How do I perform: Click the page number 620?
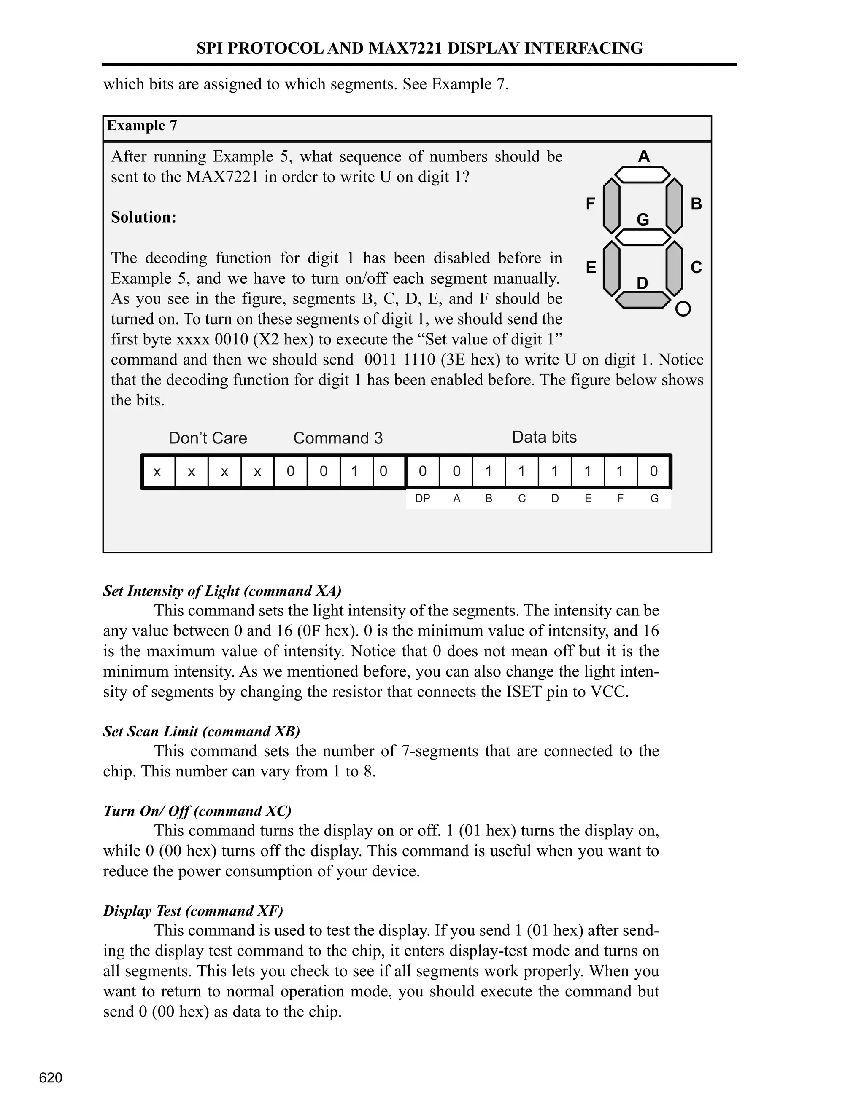51,1078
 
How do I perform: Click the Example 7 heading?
142,126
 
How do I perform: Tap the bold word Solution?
143,217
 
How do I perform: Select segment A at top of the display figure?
643,175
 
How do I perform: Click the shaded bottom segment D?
643,300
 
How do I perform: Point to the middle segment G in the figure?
643,237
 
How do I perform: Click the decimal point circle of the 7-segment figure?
683,309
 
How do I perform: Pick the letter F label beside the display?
590,204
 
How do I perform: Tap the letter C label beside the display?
696,268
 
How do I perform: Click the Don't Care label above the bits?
208,438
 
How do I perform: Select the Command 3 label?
338,438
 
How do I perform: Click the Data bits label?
544,437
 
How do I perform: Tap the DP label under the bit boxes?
422,499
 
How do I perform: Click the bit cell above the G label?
653,471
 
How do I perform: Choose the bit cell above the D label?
555,471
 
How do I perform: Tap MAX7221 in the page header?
405,48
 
